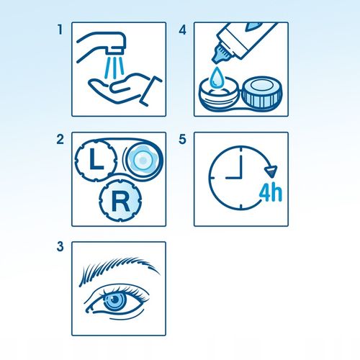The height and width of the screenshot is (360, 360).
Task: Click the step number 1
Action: (60, 30)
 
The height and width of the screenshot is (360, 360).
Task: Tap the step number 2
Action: (60, 140)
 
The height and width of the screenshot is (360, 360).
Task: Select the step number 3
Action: (60, 246)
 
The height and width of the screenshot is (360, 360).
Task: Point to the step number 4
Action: (183, 30)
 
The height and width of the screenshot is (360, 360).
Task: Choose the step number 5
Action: (182, 140)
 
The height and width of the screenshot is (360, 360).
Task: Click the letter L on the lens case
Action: (96, 159)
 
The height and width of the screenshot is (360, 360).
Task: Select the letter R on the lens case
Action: (120, 202)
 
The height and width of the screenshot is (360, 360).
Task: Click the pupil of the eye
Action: (115, 300)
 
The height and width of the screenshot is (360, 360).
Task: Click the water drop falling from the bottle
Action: (217, 77)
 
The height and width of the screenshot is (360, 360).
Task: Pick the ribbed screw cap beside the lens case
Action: (262, 93)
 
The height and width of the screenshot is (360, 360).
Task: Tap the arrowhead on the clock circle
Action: (271, 171)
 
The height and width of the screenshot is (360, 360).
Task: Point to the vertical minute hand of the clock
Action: (240, 166)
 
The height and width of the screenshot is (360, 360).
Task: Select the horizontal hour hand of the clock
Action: (233, 178)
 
